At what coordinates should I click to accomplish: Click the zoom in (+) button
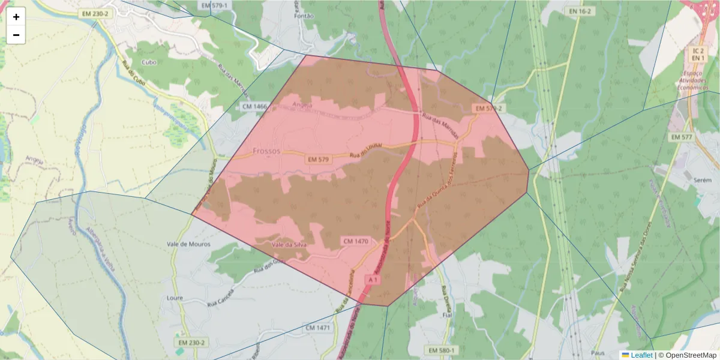tap(16, 17)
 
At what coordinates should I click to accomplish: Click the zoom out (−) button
tap(16, 35)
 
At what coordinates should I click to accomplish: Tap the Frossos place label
tap(266, 151)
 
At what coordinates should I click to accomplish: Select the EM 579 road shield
tap(318, 160)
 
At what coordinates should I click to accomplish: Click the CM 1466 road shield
tap(254, 106)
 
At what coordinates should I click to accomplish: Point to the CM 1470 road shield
tap(355, 241)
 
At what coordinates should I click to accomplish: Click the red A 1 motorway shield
tap(373, 280)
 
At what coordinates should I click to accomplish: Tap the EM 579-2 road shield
tap(488, 108)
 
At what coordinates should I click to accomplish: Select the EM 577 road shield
tap(681, 137)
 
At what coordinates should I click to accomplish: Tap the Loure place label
tap(175, 298)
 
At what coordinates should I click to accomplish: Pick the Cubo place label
tap(148, 62)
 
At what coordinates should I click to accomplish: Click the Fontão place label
tap(305, 16)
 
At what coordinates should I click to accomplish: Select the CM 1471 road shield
tap(318, 328)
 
